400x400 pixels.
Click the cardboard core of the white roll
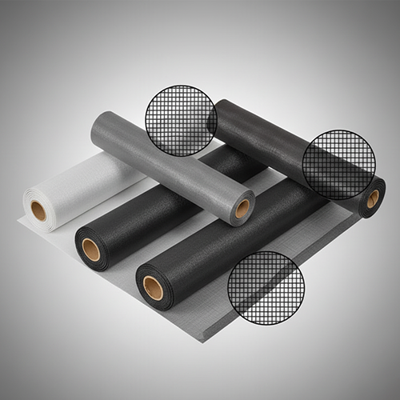tap(38, 211)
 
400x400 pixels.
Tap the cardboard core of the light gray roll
tap(242, 209)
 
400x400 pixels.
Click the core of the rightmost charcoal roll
tap(373, 198)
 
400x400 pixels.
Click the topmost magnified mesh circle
tap(181, 120)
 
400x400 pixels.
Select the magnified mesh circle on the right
tap(338, 165)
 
